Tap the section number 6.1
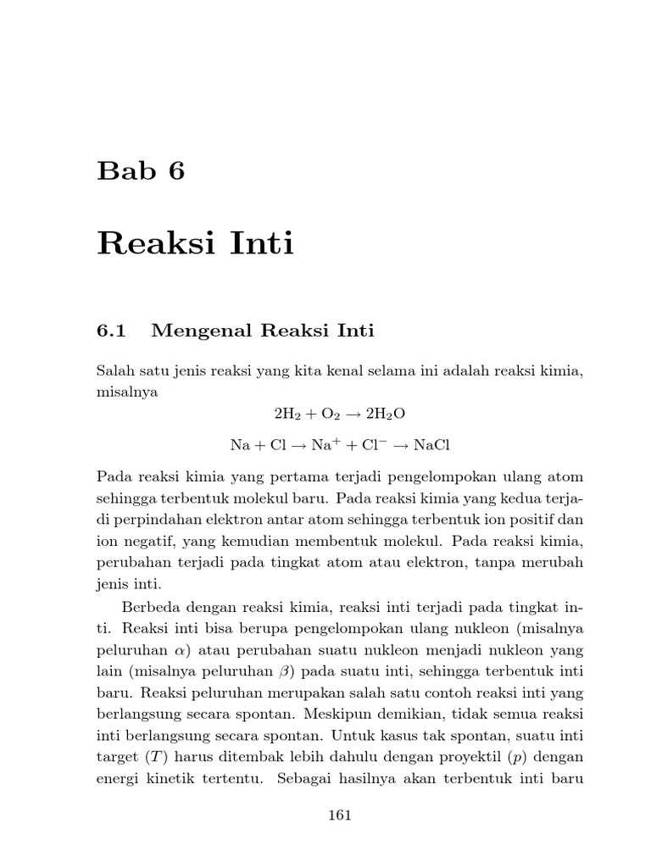point(111,331)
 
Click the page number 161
point(339,815)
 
